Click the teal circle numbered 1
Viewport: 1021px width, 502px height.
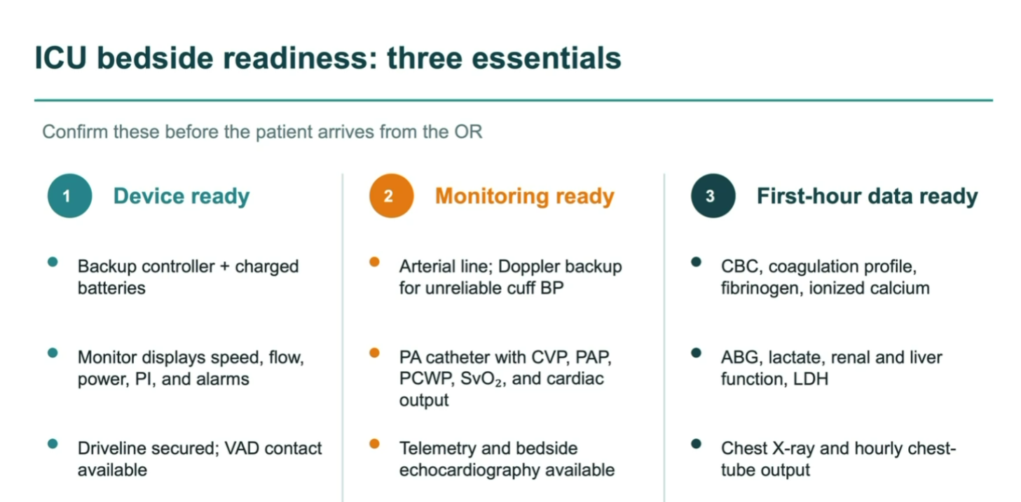tap(70, 196)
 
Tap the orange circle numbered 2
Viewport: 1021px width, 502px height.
tap(392, 196)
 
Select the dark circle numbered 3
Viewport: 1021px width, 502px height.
tap(713, 196)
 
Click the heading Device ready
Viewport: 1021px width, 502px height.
tap(181, 196)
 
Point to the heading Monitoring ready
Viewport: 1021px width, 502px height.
tap(525, 196)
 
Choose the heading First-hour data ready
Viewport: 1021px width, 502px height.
tap(868, 196)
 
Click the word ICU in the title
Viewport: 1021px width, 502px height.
tap(61, 58)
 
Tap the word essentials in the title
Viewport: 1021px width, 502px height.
tap(547, 58)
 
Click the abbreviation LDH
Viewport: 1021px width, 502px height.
tap(810, 379)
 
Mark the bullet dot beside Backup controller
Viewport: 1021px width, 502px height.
tap(53, 262)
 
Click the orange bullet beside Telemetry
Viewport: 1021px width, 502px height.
tap(375, 444)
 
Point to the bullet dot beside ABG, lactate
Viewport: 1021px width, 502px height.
tap(696, 353)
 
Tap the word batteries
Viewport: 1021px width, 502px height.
tap(111, 288)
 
